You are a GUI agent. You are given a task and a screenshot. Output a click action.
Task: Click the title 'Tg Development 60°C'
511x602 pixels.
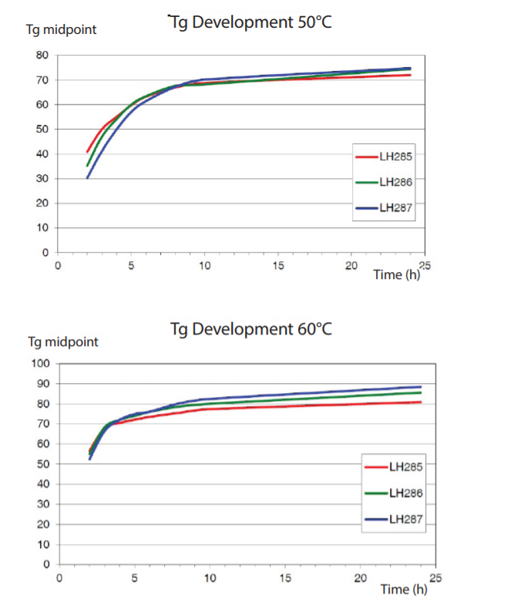[x=251, y=329]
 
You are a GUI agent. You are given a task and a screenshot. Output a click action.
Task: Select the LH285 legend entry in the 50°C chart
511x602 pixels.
[x=385, y=156]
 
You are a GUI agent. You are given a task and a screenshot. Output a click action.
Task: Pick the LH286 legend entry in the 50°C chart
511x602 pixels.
[x=385, y=182]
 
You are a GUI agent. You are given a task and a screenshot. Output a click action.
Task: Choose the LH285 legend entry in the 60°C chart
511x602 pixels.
[x=395, y=466]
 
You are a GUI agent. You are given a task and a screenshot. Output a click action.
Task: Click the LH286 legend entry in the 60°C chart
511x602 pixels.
[x=395, y=493]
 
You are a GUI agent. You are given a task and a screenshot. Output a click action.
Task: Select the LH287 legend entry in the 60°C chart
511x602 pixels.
[x=395, y=519]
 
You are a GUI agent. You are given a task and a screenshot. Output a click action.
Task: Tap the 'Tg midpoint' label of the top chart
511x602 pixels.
[x=62, y=31]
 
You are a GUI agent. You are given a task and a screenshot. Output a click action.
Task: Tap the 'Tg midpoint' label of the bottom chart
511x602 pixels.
[x=63, y=341]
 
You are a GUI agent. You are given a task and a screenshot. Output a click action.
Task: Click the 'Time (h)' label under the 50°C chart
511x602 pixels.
[x=397, y=274]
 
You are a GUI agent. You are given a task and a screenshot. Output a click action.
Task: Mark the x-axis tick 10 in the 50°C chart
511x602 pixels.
[x=205, y=265]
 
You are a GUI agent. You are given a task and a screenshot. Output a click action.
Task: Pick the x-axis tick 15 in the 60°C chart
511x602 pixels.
[x=286, y=577]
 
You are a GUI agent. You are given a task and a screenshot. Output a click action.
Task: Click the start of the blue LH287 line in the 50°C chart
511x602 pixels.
[x=87, y=178]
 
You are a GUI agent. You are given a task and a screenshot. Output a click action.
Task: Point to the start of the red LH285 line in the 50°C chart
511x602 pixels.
[x=87, y=152]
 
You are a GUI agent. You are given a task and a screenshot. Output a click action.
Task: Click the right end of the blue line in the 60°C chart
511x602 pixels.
[x=421, y=387]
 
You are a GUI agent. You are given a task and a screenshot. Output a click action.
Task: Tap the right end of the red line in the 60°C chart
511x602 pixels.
[x=421, y=402]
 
